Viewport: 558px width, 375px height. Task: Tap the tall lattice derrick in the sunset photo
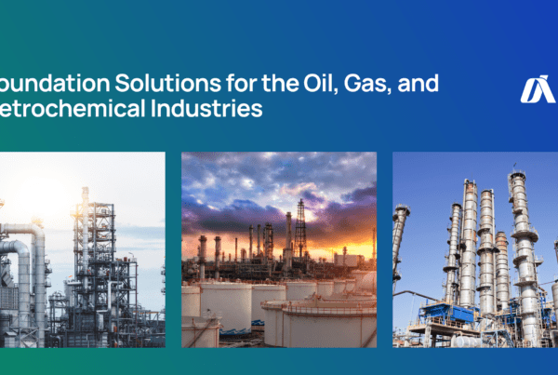[x=299, y=228]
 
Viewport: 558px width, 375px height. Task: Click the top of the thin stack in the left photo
[x=85, y=190]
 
